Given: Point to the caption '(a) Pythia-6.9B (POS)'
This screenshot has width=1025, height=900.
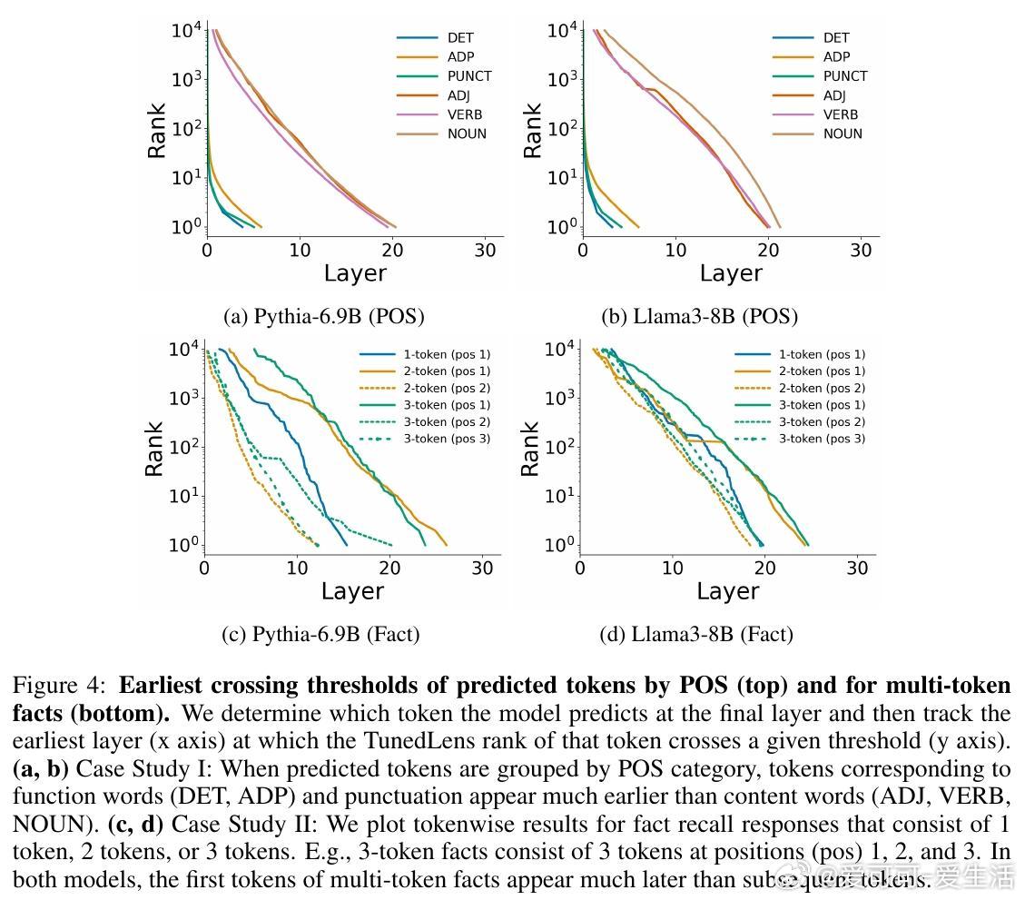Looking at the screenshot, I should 323,316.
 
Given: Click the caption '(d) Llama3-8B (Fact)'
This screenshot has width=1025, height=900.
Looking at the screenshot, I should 696,634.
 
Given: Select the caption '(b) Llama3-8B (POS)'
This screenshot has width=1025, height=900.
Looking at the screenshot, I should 699,316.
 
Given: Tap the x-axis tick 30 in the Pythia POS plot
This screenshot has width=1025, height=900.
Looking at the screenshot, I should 485,250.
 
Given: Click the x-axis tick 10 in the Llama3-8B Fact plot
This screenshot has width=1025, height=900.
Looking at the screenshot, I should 673,569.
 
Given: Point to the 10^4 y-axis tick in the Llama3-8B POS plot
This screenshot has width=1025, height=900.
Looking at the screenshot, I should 562,31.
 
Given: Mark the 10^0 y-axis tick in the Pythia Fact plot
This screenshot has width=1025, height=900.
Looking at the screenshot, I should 183,546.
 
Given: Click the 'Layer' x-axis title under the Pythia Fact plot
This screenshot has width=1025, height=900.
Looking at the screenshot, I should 352,592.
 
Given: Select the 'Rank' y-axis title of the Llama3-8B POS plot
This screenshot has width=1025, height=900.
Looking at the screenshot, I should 532,130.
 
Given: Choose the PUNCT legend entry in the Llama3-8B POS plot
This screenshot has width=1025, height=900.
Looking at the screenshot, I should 845,76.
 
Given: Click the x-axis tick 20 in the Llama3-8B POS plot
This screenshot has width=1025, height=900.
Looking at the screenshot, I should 768,250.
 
